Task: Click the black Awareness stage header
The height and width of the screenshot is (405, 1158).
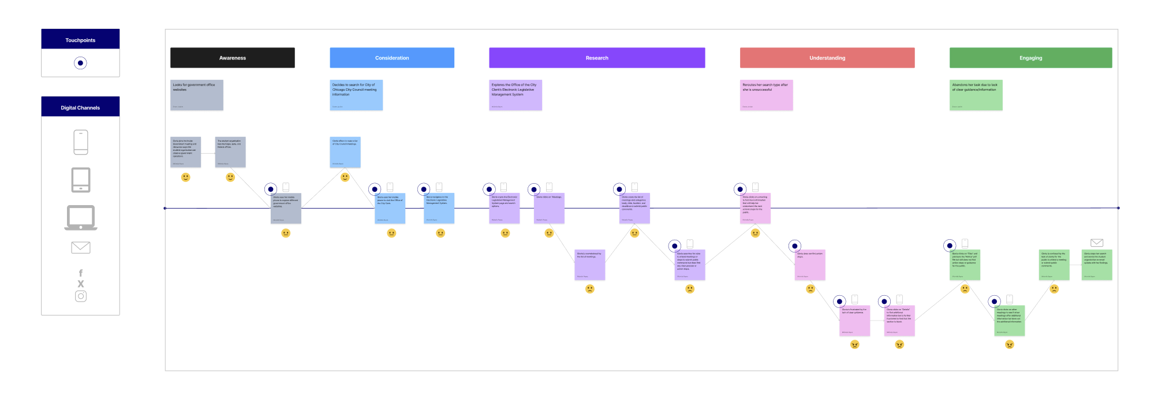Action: click(232, 58)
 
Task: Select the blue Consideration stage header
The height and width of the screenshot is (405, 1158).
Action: click(391, 58)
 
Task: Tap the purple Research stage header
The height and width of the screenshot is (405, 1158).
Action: click(596, 58)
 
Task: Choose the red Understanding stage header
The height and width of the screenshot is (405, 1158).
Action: click(827, 58)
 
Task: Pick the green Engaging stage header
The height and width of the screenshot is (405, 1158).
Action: click(1030, 58)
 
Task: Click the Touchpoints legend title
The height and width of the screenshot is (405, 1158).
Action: click(80, 40)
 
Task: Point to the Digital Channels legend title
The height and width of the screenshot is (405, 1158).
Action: click(80, 107)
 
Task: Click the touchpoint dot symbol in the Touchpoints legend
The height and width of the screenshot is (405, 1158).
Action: click(80, 63)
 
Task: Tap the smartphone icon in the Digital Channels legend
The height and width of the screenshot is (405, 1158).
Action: click(81, 142)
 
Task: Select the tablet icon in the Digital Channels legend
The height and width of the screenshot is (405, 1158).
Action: click(81, 180)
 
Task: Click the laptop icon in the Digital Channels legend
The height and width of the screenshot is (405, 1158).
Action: click(81, 218)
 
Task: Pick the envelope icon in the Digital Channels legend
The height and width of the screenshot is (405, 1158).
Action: click(81, 247)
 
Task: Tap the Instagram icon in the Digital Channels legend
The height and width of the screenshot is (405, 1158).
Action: click(81, 296)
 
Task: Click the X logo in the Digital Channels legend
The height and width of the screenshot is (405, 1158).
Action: click(81, 284)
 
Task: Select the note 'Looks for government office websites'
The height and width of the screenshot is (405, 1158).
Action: click(196, 95)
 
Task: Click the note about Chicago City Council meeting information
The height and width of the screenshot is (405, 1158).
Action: click(356, 95)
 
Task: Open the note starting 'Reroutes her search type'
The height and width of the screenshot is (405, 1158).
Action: click(766, 95)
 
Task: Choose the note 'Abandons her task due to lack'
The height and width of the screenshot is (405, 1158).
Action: click(976, 95)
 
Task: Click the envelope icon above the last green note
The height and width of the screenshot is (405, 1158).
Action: click(1096, 243)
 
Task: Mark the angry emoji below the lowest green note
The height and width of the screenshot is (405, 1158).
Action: click(1009, 344)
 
